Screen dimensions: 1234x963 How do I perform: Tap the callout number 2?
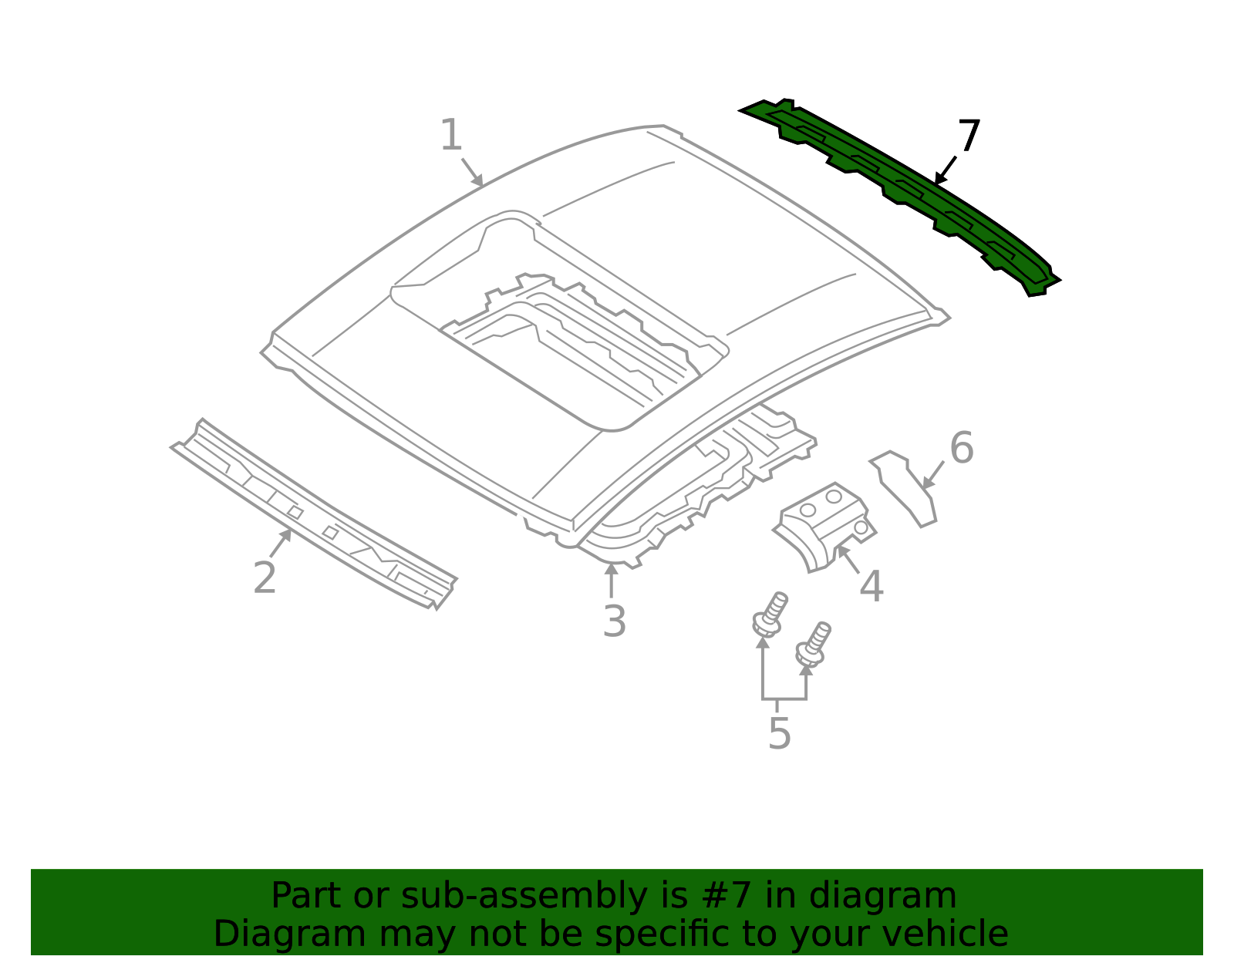click(x=265, y=577)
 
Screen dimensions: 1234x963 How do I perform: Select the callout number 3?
click(x=615, y=621)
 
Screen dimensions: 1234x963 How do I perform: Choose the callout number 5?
click(x=779, y=733)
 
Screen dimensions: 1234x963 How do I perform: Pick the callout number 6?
click(x=962, y=448)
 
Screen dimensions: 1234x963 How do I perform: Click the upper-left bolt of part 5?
click(x=770, y=615)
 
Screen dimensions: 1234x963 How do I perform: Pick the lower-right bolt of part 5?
click(x=813, y=645)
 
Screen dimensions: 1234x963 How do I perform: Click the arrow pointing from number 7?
click(x=945, y=170)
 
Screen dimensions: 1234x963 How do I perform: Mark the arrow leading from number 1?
click(x=473, y=172)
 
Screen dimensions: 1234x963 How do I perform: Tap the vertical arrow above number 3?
click(x=611, y=580)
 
